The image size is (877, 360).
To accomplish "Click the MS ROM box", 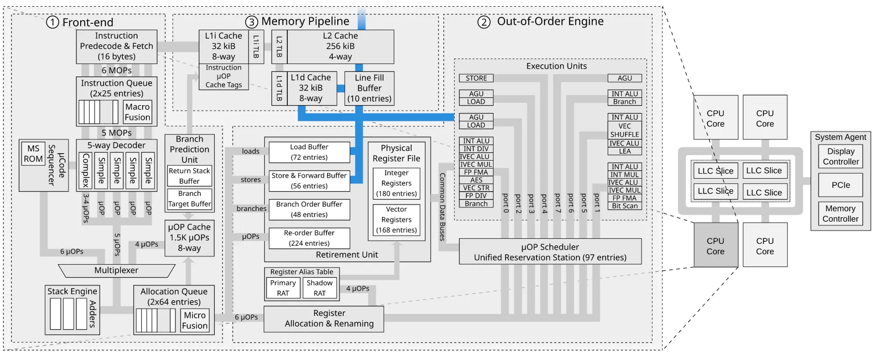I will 33,154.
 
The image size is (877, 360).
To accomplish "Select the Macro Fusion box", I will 137,112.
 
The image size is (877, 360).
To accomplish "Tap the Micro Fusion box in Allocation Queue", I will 195,320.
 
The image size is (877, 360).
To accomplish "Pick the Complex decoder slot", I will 86,171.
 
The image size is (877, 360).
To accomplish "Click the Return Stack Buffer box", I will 189,176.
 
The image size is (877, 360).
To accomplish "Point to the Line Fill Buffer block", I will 369,88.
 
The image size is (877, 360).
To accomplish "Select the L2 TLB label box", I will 279,47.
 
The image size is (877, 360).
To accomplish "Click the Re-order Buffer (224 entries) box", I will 309,238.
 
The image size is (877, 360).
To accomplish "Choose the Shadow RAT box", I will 320,288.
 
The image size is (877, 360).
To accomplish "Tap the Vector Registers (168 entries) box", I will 396,220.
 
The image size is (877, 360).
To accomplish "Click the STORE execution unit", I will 476,78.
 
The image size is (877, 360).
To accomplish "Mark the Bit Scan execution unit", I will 624,206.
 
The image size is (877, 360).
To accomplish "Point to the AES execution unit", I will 476,180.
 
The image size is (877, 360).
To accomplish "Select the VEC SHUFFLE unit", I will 624,130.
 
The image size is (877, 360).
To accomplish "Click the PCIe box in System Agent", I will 841,185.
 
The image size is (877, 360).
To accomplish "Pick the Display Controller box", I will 841,157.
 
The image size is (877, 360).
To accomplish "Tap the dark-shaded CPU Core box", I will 716,246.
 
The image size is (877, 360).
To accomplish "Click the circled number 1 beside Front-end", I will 53,22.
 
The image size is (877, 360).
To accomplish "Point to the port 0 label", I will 506,203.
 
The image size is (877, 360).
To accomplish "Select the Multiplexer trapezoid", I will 116,271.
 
